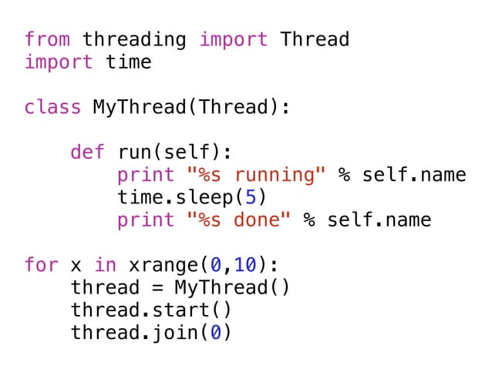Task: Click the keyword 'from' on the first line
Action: pyautogui.click(x=47, y=39)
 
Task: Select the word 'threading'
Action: pyautogui.click(x=134, y=39)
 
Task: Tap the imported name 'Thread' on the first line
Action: pyautogui.click(x=315, y=39)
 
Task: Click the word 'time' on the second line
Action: pyautogui.click(x=128, y=62)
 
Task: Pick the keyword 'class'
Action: pyautogui.click(x=52, y=107)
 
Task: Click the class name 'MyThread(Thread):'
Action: pyautogui.click(x=192, y=107)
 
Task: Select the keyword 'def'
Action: pyautogui.click(x=87, y=152)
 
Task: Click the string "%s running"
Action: pyautogui.click(x=256, y=175)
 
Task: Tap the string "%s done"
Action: pyautogui.click(x=238, y=220)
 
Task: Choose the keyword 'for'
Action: pyautogui.click(x=41, y=266)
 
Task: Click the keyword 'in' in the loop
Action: pyautogui.click(x=105, y=266)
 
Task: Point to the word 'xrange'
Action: pyautogui.click(x=163, y=266)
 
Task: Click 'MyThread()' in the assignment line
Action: pyautogui.click(x=232, y=288)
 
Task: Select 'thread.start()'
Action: pyautogui.click(x=151, y=310)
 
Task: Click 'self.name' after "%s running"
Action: pyautogui.click(x=413, y=175)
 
